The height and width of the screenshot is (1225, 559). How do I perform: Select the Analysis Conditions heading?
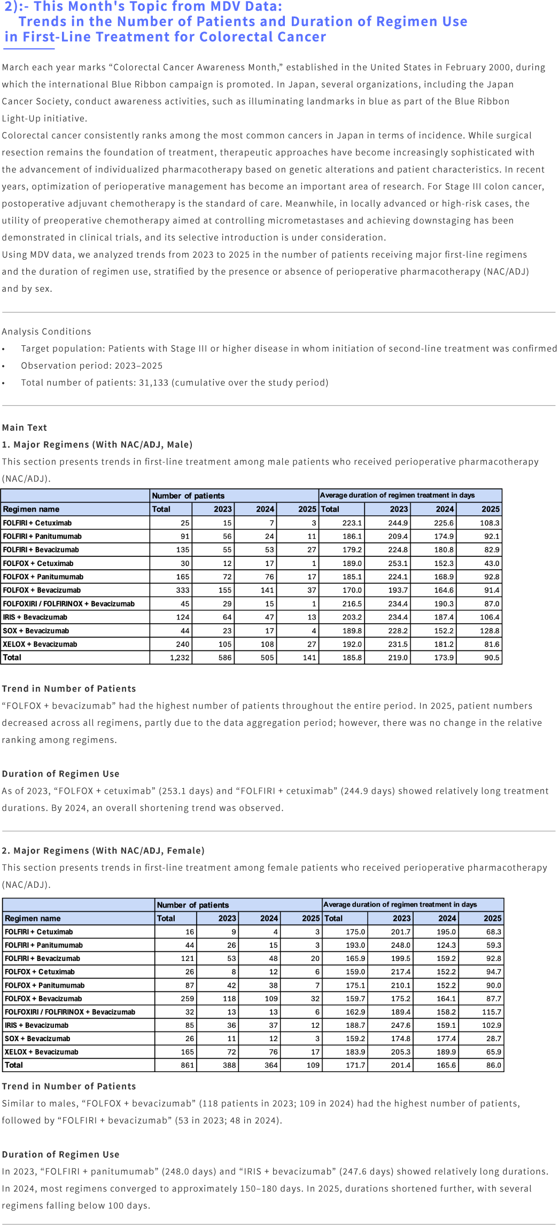[x=46, y=331]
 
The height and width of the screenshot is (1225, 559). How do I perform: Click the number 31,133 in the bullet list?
[x=153, y=383]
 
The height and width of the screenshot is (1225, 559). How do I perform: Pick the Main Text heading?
[x=25, y=428]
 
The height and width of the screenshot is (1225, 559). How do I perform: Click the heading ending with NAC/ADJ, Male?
[x=97, y=445]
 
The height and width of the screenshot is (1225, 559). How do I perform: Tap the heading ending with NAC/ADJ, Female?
[x=103, y=850]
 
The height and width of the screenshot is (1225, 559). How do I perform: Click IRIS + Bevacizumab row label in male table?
[x=35, y=617]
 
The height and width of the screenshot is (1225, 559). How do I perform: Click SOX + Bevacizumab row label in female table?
[x=37, y=1038]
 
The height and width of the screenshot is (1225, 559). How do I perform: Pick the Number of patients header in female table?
[x=193, y=905]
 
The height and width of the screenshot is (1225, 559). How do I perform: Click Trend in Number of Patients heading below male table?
[x=69, y=689]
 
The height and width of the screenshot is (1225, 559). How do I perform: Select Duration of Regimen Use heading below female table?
[x=60, y=1154]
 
